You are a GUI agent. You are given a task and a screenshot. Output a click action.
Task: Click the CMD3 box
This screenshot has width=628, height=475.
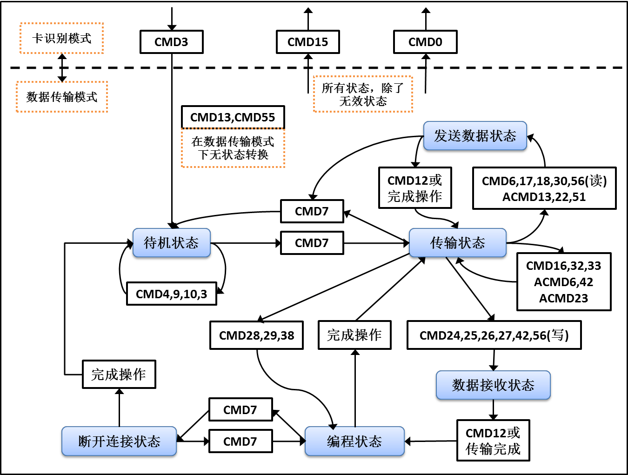coord(171,42)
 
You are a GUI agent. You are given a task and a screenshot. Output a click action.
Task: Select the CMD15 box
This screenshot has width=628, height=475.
coord(307,42)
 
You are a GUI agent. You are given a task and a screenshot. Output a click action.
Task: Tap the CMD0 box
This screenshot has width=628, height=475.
coord(425,42)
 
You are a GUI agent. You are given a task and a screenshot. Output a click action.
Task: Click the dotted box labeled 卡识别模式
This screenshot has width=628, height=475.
coord(61,38)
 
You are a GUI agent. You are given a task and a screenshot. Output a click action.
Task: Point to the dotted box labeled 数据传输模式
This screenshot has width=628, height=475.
coord(62,97)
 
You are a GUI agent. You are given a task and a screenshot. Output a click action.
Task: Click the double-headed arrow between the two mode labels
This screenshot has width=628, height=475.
coord(62,68)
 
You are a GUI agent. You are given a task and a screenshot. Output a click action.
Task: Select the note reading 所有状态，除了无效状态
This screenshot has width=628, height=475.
coord(363,94)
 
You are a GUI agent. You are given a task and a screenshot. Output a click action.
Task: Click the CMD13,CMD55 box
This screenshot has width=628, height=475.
coord(233,117)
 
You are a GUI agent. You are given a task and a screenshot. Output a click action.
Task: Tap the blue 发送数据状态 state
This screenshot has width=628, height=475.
coord(475,136)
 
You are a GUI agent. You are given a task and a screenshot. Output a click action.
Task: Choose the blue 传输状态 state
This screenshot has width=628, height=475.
coord(457,243)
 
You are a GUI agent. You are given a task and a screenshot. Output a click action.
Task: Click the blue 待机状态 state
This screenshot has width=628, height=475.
coord(171,243)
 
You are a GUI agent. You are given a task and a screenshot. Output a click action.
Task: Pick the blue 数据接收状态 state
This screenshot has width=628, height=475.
coord(493,385)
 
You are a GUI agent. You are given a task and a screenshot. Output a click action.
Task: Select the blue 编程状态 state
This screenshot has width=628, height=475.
coord(354,441)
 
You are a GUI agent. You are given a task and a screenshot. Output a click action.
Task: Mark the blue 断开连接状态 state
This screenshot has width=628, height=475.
coord(119,441)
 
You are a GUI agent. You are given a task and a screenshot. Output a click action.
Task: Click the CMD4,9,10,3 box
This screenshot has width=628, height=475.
coord(171,294)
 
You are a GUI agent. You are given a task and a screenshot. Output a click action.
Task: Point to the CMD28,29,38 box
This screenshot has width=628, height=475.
coord(256,335)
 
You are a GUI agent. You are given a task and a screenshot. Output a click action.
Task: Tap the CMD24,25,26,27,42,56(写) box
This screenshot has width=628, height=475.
coord(494,335)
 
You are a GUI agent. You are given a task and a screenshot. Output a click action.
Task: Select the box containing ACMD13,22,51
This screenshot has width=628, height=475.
coord(544,188)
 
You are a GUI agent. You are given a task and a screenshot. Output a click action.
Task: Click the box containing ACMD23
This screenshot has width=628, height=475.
coord(564,282)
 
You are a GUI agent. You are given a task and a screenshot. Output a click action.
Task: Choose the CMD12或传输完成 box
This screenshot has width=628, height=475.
coord(493,441)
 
